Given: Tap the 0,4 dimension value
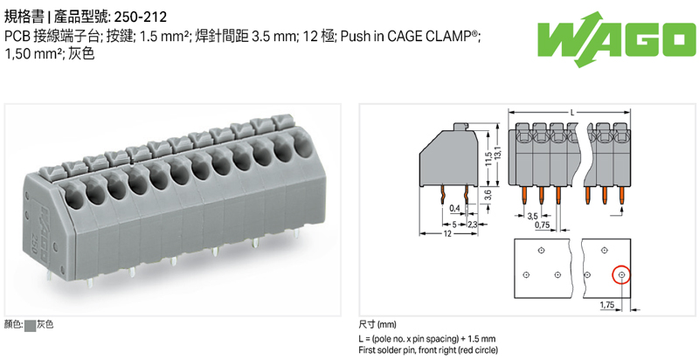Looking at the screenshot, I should click(x=454, y=208).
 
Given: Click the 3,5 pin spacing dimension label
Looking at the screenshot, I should click(x=532, y=214).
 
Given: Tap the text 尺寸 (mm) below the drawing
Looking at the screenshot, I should click(x=378, y=323).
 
